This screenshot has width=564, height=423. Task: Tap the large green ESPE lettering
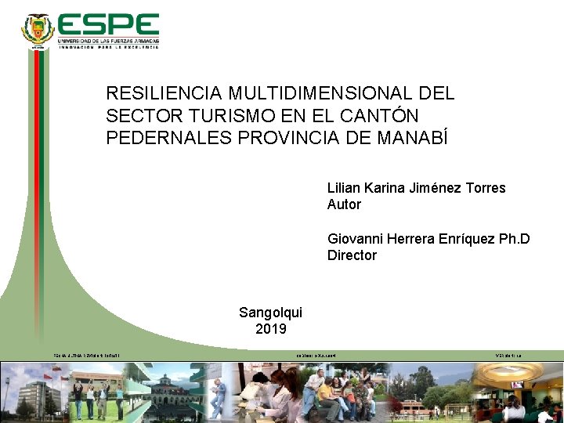click(x=108, y=25)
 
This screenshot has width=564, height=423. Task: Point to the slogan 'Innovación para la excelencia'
click(x=108, y=47)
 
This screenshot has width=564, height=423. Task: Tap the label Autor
click(x=344, y=204)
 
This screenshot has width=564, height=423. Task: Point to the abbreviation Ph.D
click(x=514, y=239)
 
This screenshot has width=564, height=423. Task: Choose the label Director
click(x=352, y=255)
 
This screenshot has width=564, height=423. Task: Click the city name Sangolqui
click(x=270, y=313)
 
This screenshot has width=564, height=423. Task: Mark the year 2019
click(x=270, y=329)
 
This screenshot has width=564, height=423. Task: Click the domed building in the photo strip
click(x=168, y=387)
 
